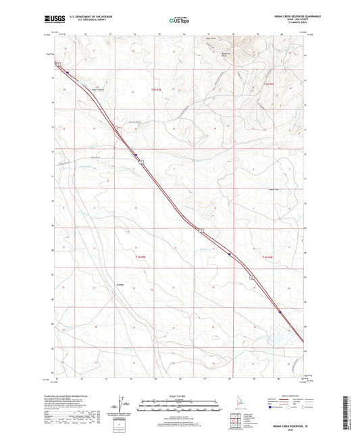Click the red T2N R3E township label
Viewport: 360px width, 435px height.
pyautogui.click(x=156, y=89)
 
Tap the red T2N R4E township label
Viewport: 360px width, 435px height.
pyautogui.click(x=267, y=83)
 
